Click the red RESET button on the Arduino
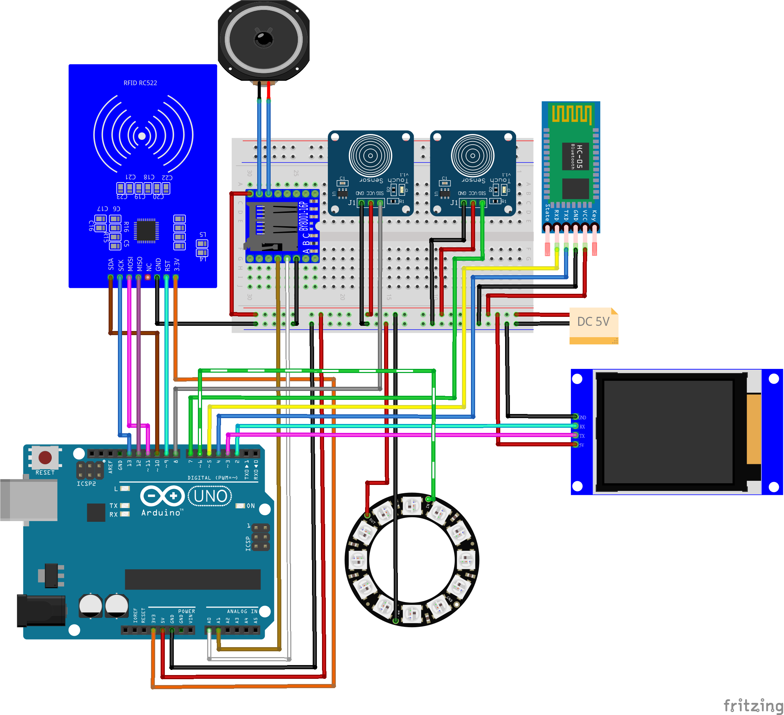pyautogui.click(x=45, y=457)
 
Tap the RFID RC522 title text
pyautogui.click(x=140, y=83)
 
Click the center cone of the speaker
pyautogui.click(x=264, y=39)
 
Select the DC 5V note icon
pyautogui.click(x=593, y=325)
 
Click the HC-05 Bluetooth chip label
pyautogui.click(x=575, y=156)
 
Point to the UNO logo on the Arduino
pyautogui.click(x=210, y=496)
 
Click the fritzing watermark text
pyautogui.click(x=753, y=705)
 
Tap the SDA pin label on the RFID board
pyautogui.click(x=111, y=264)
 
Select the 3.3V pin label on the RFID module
pyautogui.click(x=177, y=265)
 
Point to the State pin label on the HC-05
pyautogui.click(x=547, y=213)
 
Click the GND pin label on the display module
pyautogui.click(x=582, y=418)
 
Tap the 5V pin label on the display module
pyautogui.click(x=581, y=445)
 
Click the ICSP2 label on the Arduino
pyautogui.click(x=86, y=484)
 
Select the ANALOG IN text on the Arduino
pyautogui.click(x=242, y=611)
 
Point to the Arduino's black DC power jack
pyautogui.click(x=41, y=611)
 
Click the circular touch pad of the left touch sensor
pyautogui.click(x=370, y=155)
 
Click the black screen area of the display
pyautogui.click(x=668, y=432)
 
